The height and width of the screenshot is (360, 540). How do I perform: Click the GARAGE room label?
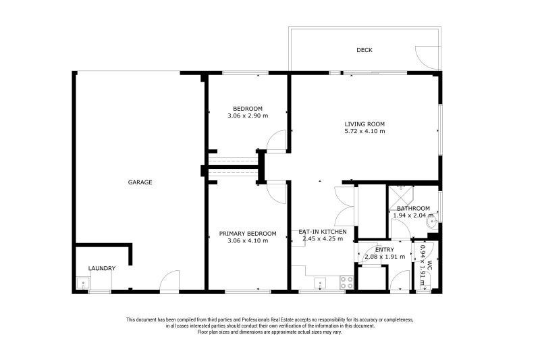(x=140, y=182)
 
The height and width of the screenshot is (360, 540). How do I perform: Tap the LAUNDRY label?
(x=101, y=268)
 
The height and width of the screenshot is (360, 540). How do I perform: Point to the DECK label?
(x=364, y=50)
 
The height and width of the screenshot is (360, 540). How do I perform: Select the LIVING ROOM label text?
(x=364, y=124)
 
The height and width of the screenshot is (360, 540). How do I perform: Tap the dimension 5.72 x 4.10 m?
(x=364, y=132)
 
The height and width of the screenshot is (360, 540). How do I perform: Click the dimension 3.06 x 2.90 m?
(x=248, y=116)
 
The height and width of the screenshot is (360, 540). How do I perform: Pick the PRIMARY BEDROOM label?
(x=248, y=234)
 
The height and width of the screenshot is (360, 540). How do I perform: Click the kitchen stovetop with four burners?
(x=347, y=282)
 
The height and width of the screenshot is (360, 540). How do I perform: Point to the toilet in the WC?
(x=425, y=286)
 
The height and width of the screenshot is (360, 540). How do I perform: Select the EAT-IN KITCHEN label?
(x=323, y=232)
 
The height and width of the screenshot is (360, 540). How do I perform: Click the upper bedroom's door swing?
(x=277, y=142)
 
